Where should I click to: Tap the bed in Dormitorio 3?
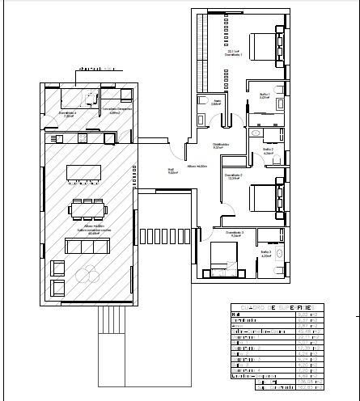click(x=222, y=258)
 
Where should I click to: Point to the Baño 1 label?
click(x=264, y=95)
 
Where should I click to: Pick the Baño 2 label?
click(x=268, y=150)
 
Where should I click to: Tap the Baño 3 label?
click(x=265, y=253)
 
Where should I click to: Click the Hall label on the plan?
click(x=172, y=171)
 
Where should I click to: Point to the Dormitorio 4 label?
click(x=69, y=113)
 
